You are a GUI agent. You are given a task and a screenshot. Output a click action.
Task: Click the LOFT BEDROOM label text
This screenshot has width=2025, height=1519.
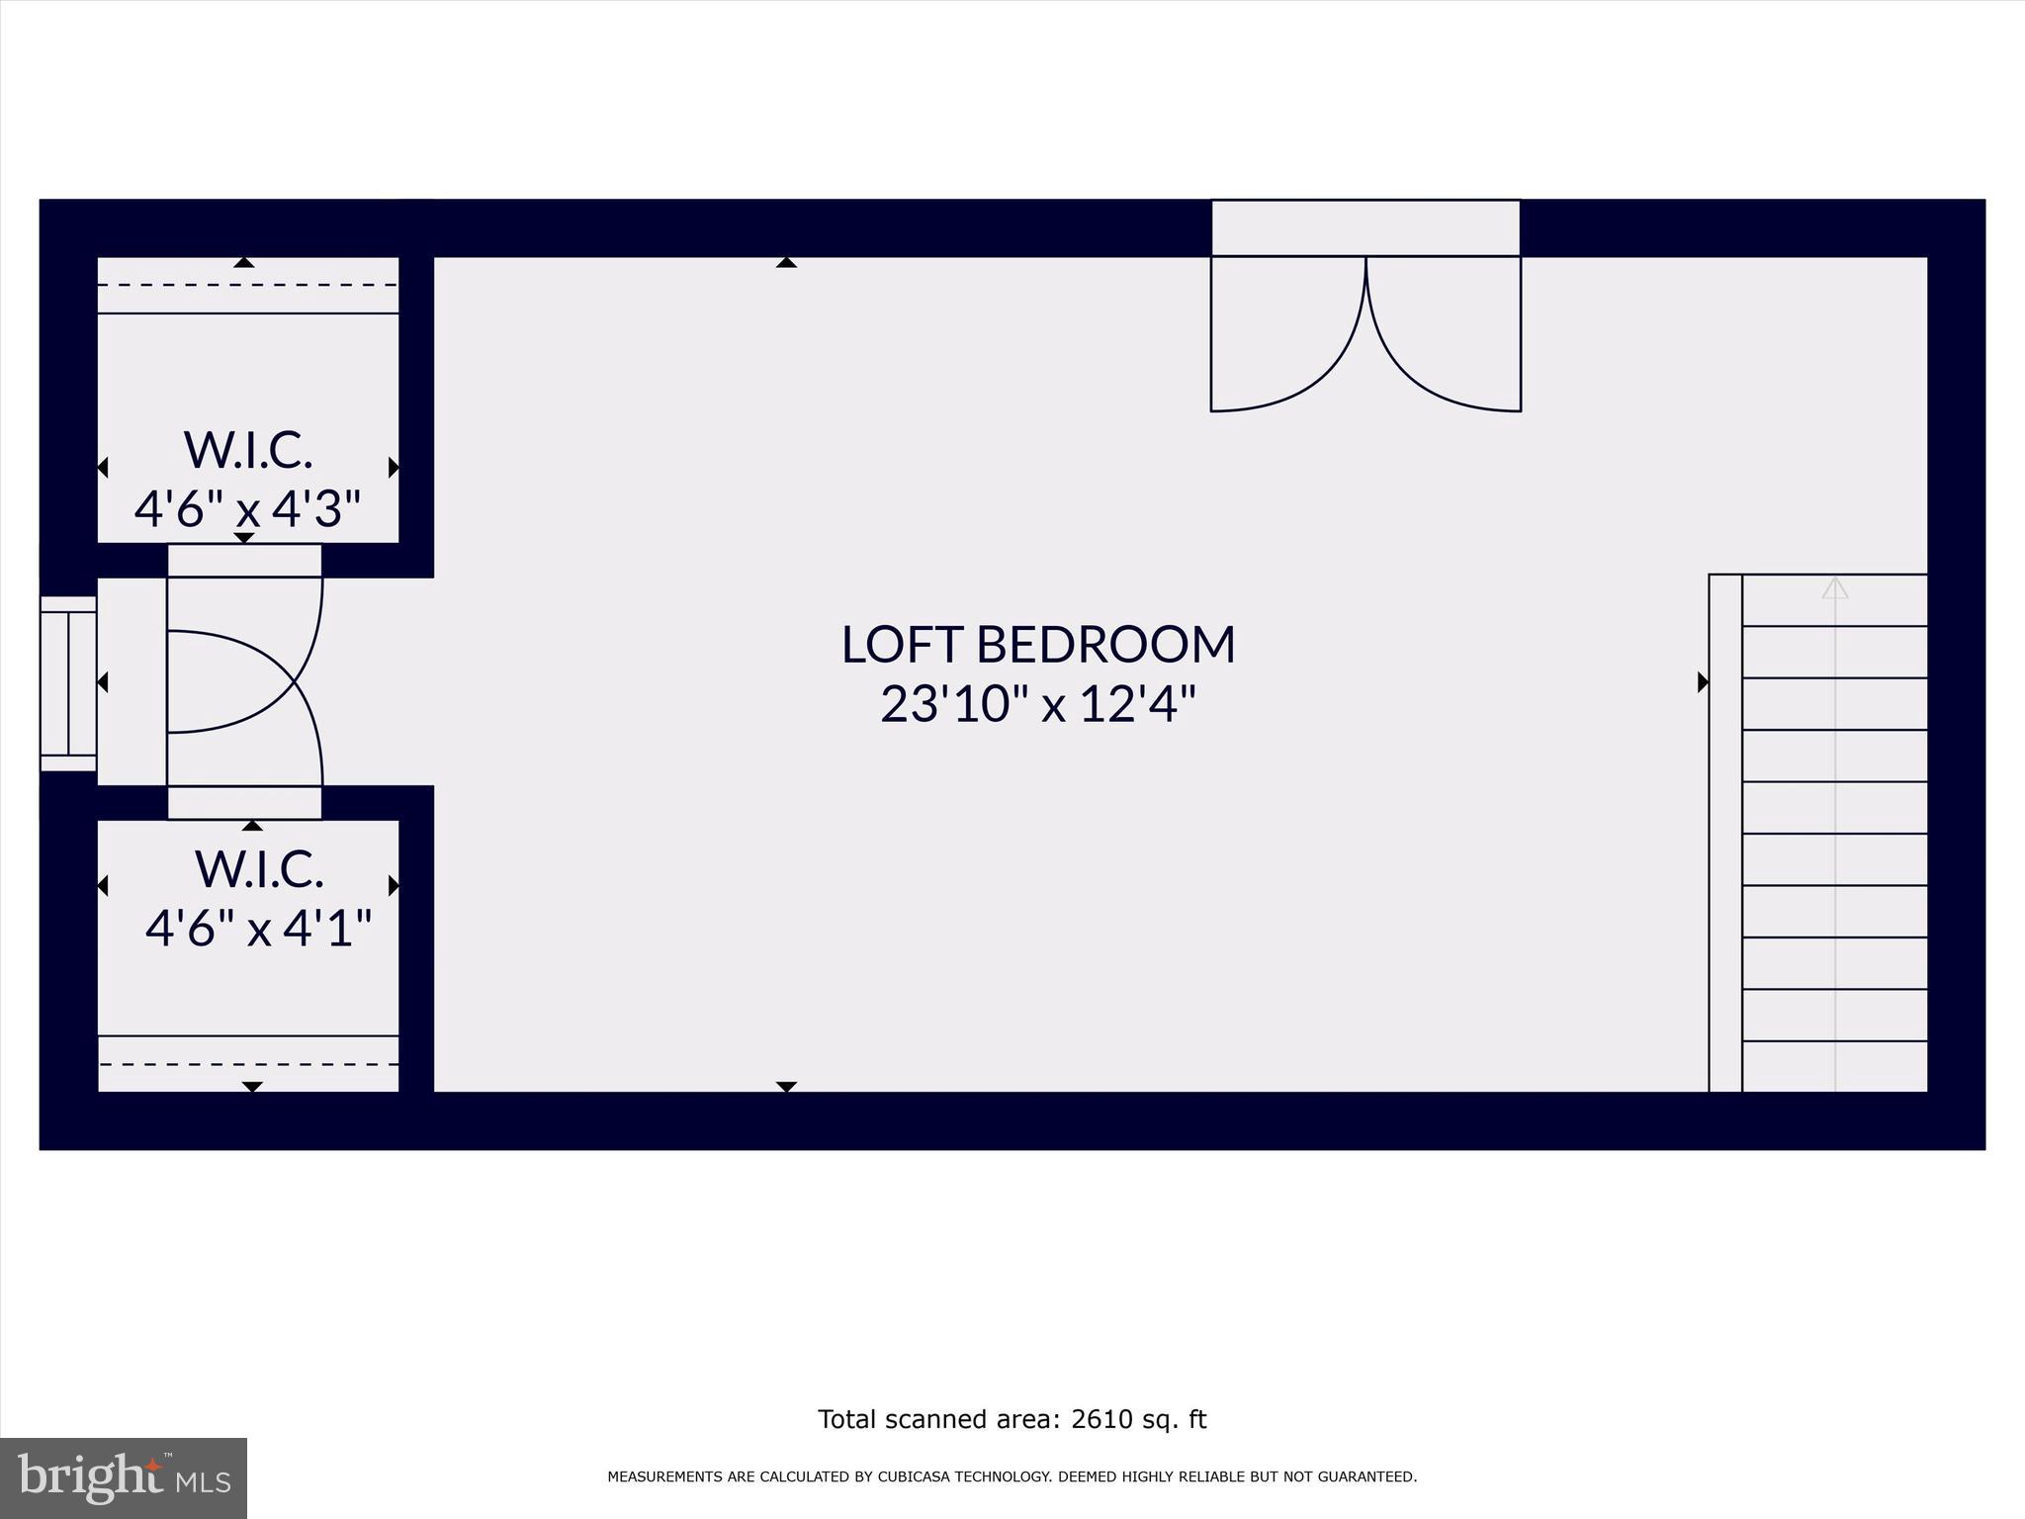click(x=1038, y=645)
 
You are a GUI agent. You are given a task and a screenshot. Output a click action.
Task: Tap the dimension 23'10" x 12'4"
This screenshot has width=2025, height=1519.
click(x=1038, y=705)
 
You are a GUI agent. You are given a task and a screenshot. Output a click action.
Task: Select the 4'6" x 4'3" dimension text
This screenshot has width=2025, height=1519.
click(x=247, y=510)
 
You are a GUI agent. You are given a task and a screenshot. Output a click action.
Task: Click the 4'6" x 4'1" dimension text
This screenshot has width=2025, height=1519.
click(x=258, y=929)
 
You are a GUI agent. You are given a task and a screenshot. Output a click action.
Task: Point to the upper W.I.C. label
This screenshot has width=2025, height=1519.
click(x=248, y=451)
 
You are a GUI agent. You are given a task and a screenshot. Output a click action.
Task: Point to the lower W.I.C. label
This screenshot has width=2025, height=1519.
click(x=259, y=869)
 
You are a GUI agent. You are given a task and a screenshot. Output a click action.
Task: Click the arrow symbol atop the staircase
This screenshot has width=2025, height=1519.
click(x=1835, y=588)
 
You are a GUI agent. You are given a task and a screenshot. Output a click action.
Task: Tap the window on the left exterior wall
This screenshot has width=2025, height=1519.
click(x=67, y=682)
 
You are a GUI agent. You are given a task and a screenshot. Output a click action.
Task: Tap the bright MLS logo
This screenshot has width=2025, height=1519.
click(x=124, y=1477)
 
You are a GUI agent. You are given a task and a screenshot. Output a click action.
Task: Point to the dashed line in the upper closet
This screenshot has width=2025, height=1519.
click(x=247, y=285)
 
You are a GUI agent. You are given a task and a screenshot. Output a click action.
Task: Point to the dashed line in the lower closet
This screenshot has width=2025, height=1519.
click(x=247, y=1064)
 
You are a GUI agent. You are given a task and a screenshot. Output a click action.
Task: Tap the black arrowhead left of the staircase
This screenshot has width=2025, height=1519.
click(x=1703, y=682)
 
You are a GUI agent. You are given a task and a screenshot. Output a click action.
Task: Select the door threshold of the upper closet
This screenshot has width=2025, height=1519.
click(x=244, y=560)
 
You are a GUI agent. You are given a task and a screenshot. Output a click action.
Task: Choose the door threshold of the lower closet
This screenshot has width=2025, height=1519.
click(x=244, y=803)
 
